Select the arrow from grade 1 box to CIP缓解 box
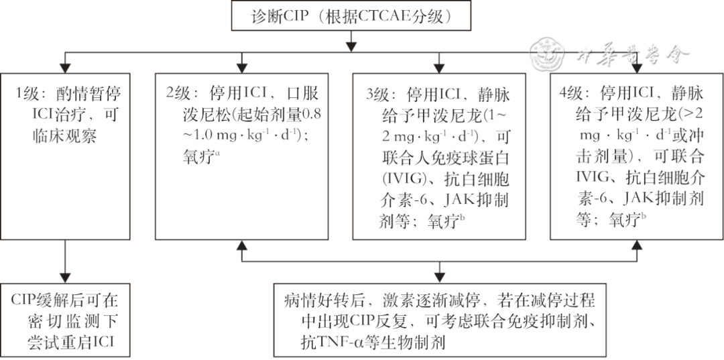coord(64,261)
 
